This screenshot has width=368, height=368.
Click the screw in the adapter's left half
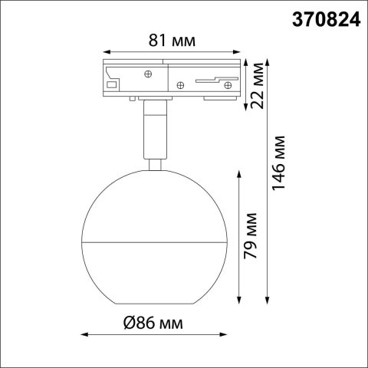point(146,75)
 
